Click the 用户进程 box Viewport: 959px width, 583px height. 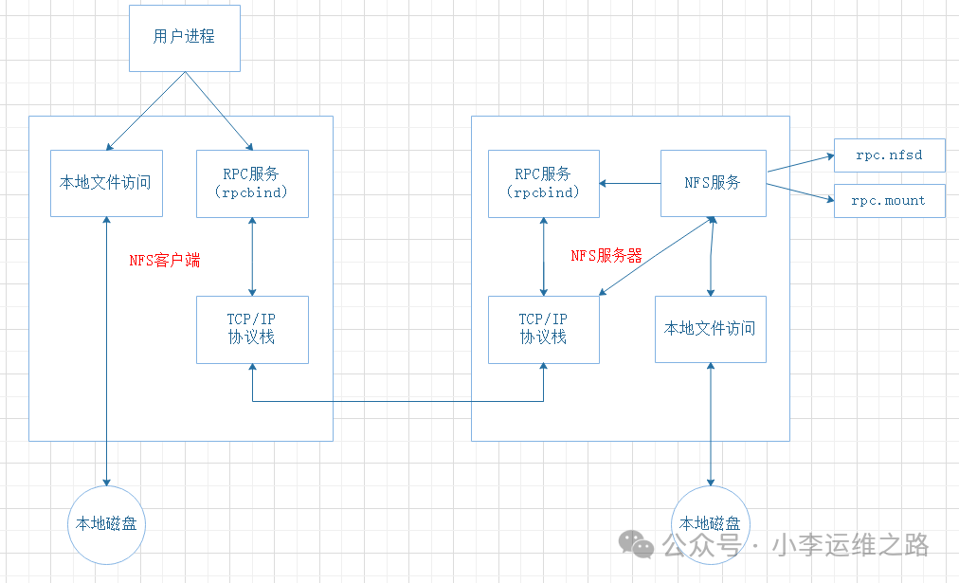pyautogui.click(x=184, y=37)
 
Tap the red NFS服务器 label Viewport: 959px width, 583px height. pyautogui.click(x=606, y=256)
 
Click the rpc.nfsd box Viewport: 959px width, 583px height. pyautogui.click(x=889, y=155)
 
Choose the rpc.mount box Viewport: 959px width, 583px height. pyautogui.click(x=889, y=201)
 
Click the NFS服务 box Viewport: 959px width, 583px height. pyautogui.click(x=713, y=183)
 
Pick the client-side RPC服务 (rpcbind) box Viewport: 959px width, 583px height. pyautogui.click(x=252, y=183)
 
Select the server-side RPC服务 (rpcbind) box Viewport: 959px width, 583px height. pyautogui.click(x=543, y=183)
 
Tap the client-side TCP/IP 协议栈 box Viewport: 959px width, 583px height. pyautogui.click(x=252, y=329)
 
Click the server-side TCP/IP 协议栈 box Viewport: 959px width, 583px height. pyautogui.click(x=543, y=329)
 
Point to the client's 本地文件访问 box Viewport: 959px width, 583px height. pyautogui.click(x=106, y=183)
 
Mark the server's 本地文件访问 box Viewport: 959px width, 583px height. pyautogui.click(x=711, y=329)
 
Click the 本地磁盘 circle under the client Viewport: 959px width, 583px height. pyautogui.click(x=106, y=522)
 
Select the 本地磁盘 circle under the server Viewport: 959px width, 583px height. pyautogui.click(x=711, y=523)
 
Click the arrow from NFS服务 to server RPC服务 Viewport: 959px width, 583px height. pyautogui.click(x=629, y=183)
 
